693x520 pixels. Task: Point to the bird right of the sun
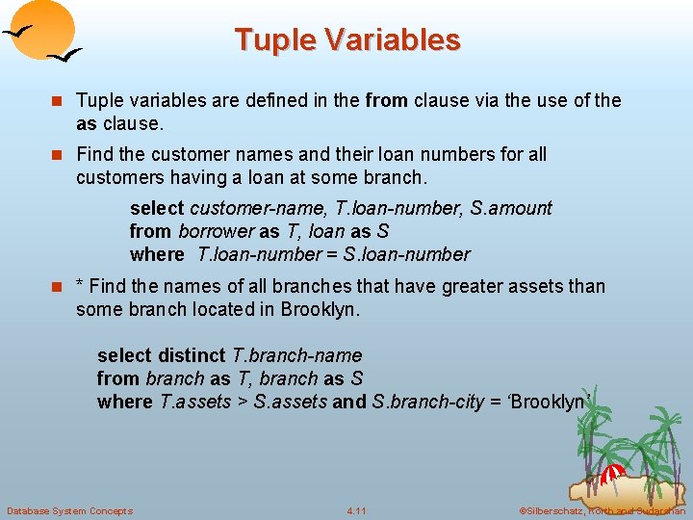pos(66,55)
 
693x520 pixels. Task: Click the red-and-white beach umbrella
pos(612,474)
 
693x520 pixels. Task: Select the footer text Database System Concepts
pos(69,510)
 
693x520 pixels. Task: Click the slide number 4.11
pos(356,510)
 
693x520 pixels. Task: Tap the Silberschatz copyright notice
pos(602,510)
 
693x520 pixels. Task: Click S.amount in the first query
pos(511,208)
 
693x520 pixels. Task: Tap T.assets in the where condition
pos(195,402)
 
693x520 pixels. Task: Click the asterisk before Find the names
pos(81,287)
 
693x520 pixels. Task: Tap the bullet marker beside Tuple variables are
pos(58,101)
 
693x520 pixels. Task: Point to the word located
pos(236,309)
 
